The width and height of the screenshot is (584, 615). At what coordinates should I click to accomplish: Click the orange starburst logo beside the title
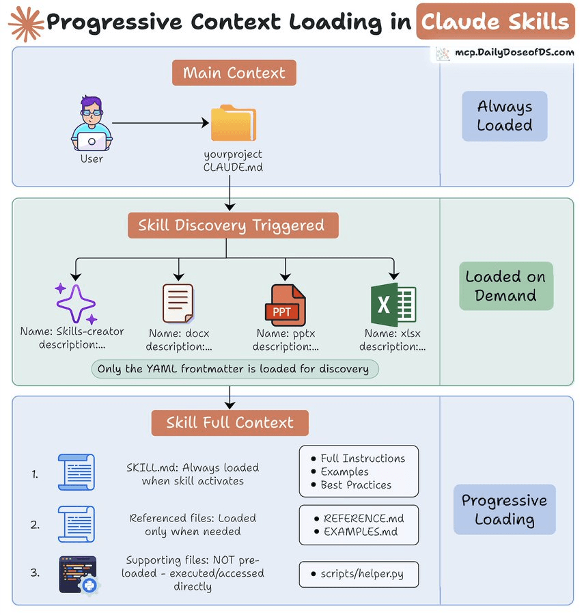[x=22, y=23]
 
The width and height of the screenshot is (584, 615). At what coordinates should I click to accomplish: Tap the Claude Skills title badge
[x=495, y=22]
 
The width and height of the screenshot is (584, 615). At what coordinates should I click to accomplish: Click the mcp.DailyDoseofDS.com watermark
[x=505, y=53]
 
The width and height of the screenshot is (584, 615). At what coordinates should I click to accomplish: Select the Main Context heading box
[x=234, y=73]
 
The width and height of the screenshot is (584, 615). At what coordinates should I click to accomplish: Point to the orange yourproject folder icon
[x=233, y=123]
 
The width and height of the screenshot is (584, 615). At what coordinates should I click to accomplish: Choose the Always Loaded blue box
[x=504, y=116]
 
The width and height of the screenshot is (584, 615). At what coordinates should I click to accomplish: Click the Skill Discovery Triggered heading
[x=233, y=225]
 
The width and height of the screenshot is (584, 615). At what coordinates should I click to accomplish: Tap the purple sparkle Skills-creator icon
[x=76, y=303]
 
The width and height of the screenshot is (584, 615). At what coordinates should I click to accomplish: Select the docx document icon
[x=178, y=303]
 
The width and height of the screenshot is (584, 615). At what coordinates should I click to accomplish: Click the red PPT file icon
[x=284, y=305]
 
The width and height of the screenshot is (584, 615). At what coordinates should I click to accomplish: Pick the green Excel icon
[x=392, y=304]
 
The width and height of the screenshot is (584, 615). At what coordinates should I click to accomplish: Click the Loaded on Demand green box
[x=505, y=286]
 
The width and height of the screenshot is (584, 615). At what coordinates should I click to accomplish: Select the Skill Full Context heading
[x=230, y=423]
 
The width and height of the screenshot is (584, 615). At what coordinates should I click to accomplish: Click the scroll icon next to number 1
[x=77, y=472]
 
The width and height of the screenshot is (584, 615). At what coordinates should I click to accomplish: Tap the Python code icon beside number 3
[x=78, y=574]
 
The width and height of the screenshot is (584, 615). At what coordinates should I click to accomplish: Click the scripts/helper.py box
[x=359, y=574]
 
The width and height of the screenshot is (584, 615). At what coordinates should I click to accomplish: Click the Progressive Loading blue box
[x=504, y=510]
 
